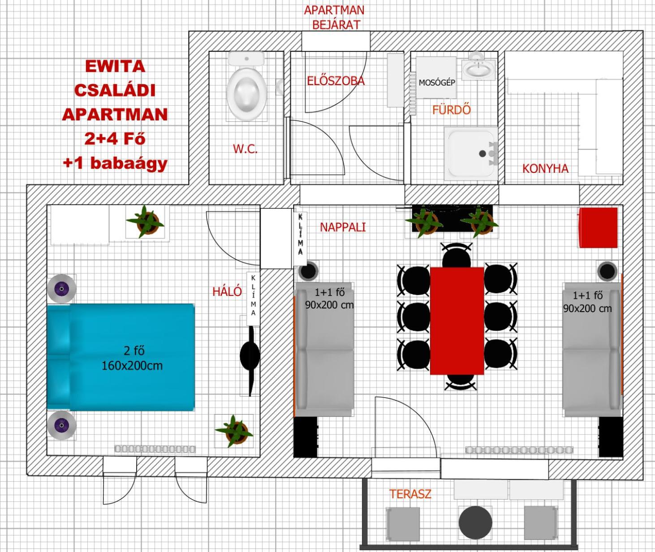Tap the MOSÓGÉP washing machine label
[437, 83]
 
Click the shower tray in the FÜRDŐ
[470, 153]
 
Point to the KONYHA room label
[545, 169]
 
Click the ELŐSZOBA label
[336, 81]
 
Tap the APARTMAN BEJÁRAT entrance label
[334, 17]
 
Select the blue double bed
[121, 357]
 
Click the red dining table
[457, 321]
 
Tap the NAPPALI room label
[343, 227]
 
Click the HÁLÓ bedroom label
[227, 292]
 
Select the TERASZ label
[410, 494]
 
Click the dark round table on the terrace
[475, 522]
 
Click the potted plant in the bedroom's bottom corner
[234, 431]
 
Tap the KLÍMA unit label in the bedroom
[253, 295]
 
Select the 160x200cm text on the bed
[132, 366]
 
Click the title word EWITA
[115, 66]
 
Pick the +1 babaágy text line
[115, 163]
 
